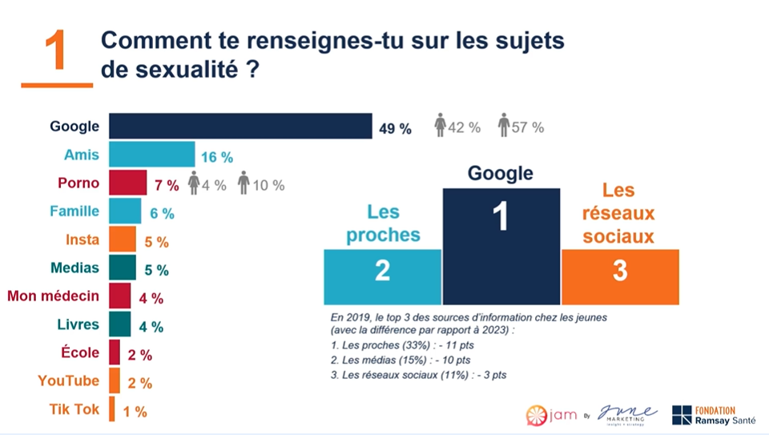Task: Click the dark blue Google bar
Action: [x=240, y=127]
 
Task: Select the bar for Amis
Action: [x=152, y=155]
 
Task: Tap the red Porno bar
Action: [x=128, y=183]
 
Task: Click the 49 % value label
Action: [x=395, y=128]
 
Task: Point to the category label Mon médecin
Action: [x=53, y=296]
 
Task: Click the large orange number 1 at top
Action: [x=54, y=53]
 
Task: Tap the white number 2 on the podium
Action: [x=382, y=272]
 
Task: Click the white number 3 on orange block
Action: [x=620, y=272]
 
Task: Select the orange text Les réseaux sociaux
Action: [x=618, y=213]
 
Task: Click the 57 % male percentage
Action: [x=529, y=127]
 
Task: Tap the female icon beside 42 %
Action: [x=440, y=126]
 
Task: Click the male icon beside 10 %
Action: [x=244, y=183]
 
